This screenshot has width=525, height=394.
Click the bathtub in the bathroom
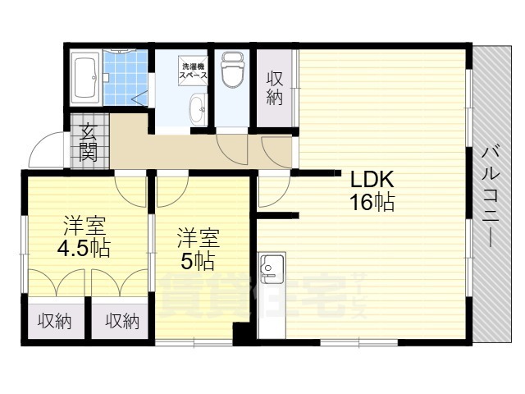click(x=85, y=77)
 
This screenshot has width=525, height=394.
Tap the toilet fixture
click(x=231, y=70)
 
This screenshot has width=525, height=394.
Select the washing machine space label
click(x=194, y=71)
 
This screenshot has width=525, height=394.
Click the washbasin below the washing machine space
click(x=199, y=108)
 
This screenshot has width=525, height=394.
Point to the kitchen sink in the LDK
click(x=272, y=265)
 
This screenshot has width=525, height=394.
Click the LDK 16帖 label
click(x=372, y=190)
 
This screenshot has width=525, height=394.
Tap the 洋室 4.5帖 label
click(x=84, y=236)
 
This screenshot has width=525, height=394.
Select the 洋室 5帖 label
click(x=199, y=250)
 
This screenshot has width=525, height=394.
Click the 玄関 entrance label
click(x=89, y=142)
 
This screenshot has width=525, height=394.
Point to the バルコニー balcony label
click(x=491, y=197)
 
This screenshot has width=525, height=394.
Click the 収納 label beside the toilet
click(x=275, y=88)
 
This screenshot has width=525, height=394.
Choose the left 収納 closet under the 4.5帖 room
click(x=54, y=322)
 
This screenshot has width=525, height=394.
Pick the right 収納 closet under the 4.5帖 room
click(x=122, y=322)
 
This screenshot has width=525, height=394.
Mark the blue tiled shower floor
click(x=126, y=77)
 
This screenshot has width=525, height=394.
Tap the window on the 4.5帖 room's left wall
click(x=24, y=254)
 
